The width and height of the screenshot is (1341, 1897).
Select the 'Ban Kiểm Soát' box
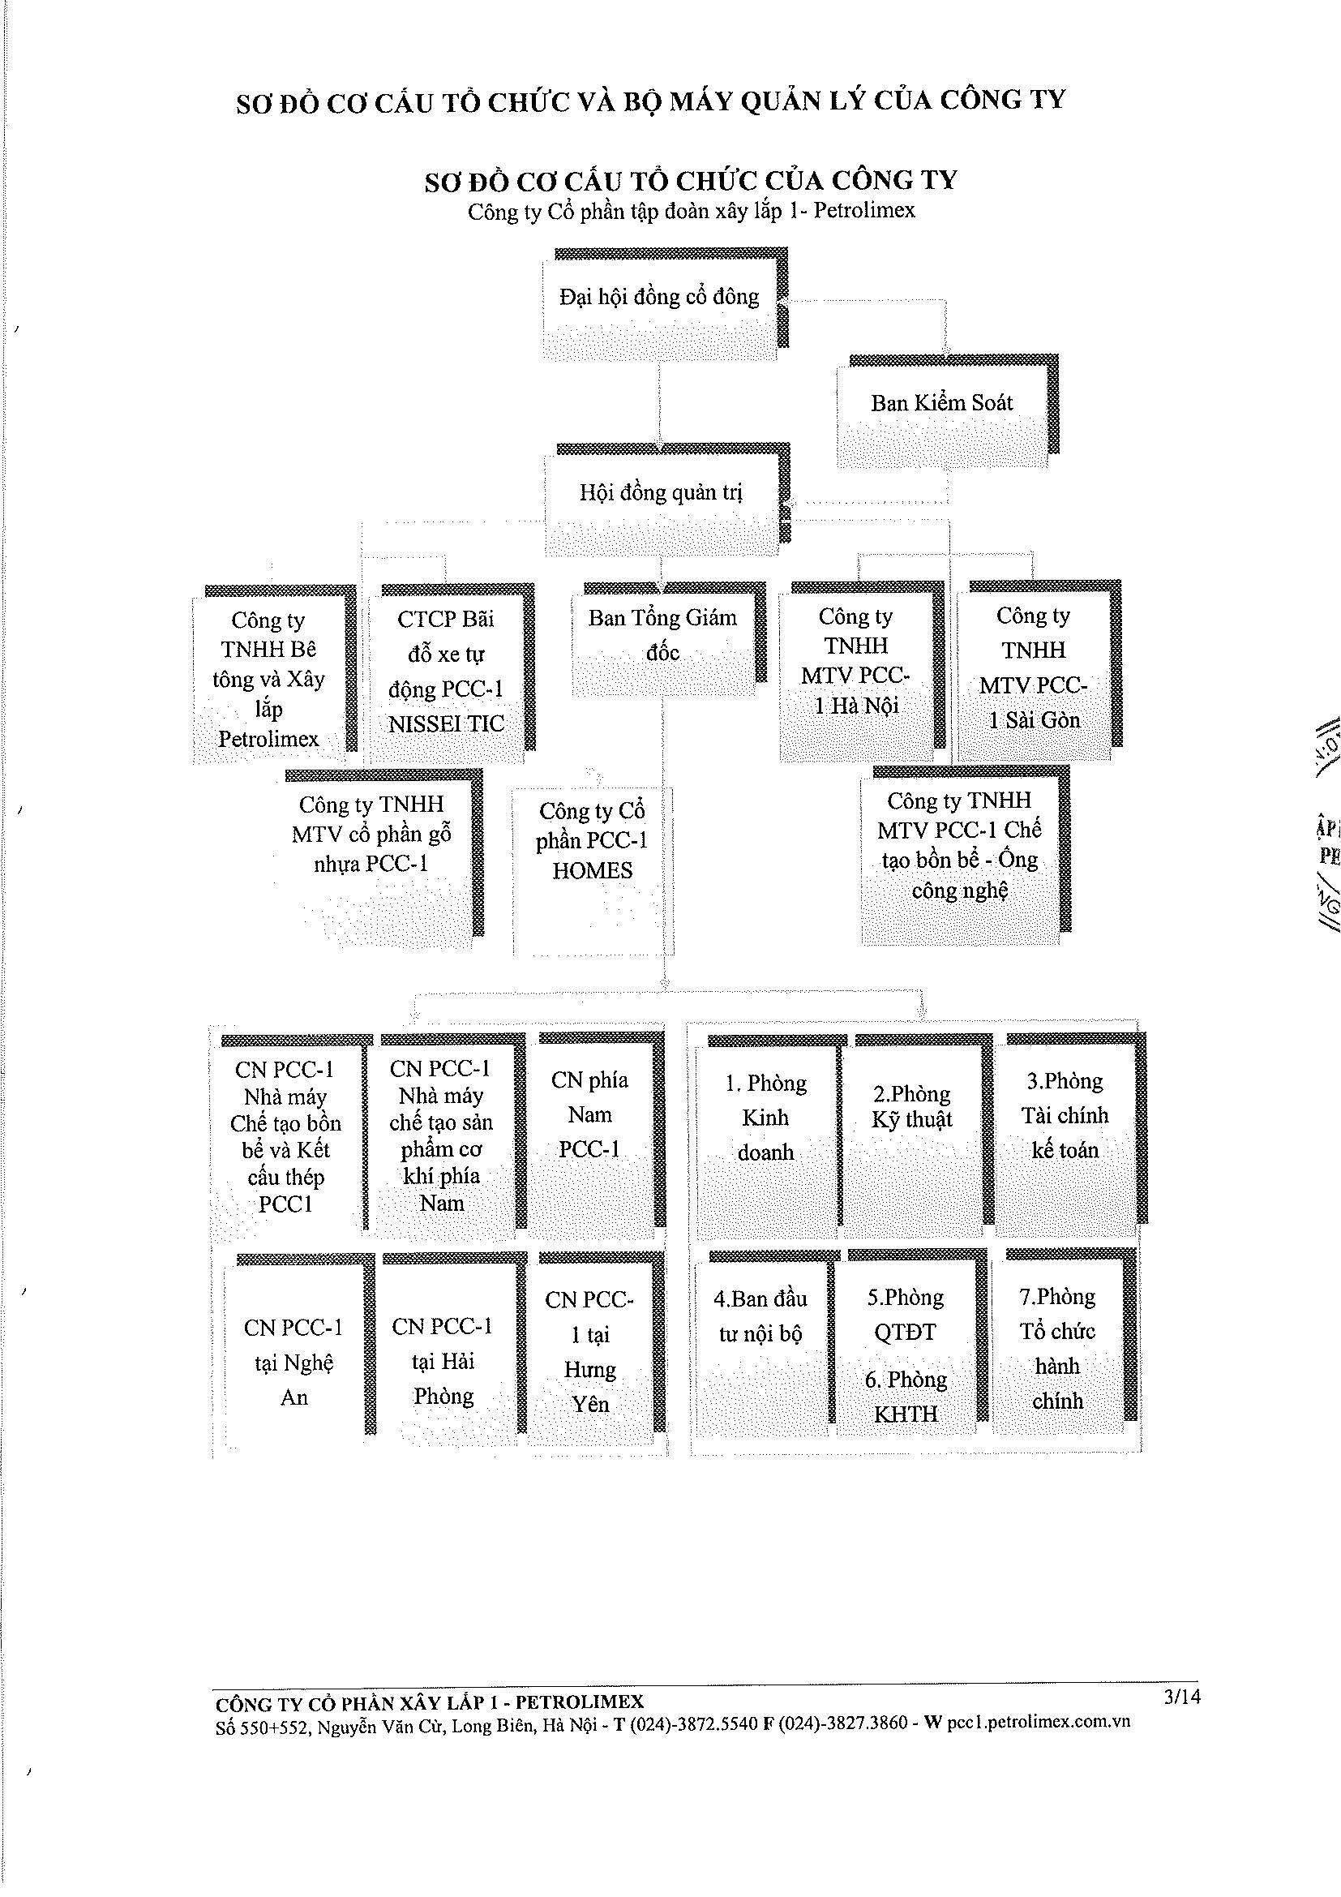[948, 410]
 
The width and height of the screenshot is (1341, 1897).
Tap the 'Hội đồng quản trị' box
[667, 499]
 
